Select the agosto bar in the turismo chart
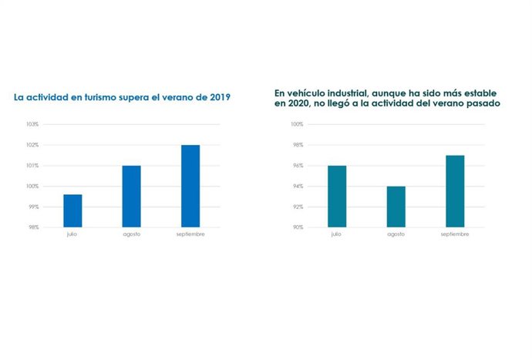point(131,196)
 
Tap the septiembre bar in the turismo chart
point(190,186)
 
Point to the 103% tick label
point(32,124)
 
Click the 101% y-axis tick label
point(32,166)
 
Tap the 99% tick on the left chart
point(33,207)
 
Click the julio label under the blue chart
point(72,234)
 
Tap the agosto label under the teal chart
point(396,234)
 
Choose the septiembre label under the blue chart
point(190,234)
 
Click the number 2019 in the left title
point(217,97)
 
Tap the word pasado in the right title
point(483,103)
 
